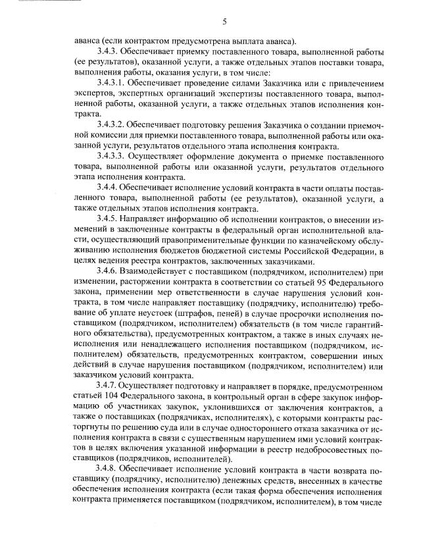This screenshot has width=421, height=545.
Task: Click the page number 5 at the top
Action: point(225,22)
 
